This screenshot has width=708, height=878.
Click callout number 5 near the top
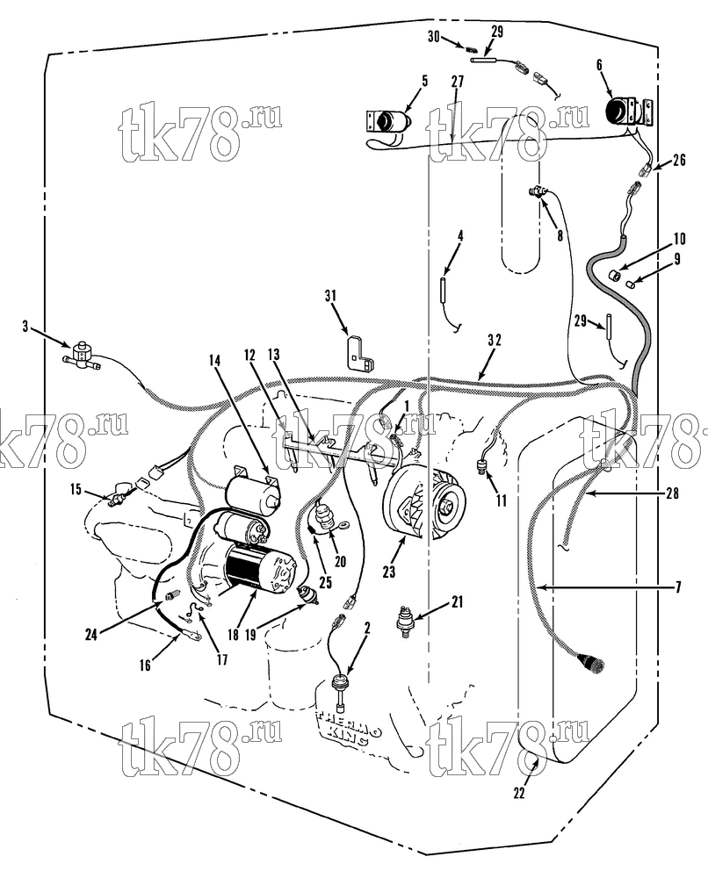click(424, 81)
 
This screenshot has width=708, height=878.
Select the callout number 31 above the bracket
click(331, 295)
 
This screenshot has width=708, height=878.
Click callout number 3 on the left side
click(25, 327)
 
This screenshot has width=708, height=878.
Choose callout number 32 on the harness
click(494, 340)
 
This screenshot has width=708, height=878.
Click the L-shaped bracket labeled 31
click(359, 353)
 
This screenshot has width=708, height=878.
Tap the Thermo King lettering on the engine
click(350, 727)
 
